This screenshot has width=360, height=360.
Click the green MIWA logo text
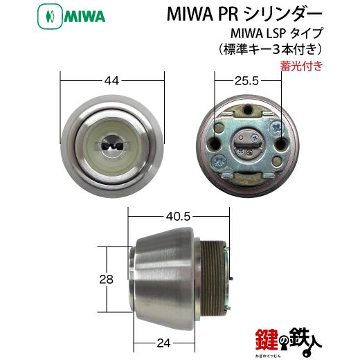tap(84, 17)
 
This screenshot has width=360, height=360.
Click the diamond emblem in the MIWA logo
tap(50, 17)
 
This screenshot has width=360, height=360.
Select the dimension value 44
tap(112, 81)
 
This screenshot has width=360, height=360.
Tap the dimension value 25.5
tap(246, 81)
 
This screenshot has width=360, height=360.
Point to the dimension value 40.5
tap(178, 217)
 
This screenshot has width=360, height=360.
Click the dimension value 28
tap(106, 280)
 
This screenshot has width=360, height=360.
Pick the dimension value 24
tap(163, 343)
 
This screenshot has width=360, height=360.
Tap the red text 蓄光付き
tap(301, 66)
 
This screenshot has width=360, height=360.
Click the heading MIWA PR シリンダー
tap(244, 15)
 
